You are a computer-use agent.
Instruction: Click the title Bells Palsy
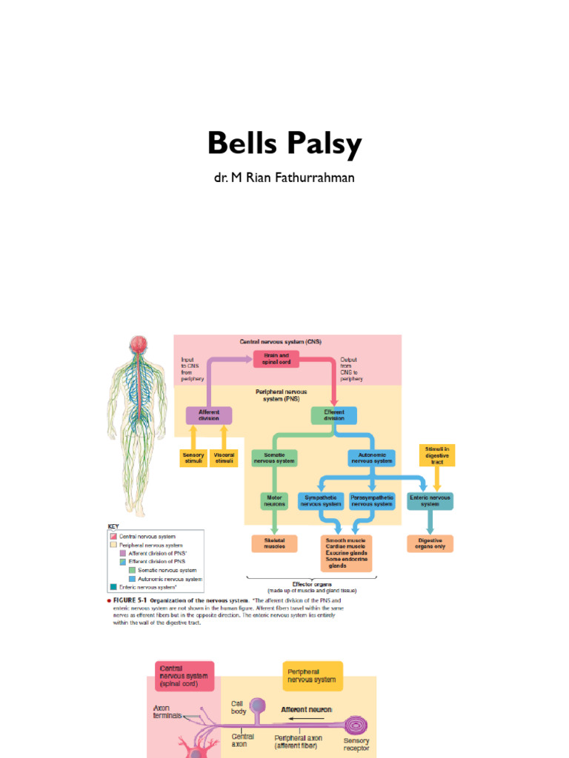284,144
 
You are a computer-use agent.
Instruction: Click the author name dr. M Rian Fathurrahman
284,178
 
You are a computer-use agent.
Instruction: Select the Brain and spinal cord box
276,359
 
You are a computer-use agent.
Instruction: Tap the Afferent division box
208,415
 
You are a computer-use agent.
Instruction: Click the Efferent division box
333,415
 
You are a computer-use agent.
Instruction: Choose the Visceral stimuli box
224,457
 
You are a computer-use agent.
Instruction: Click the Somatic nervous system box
274,457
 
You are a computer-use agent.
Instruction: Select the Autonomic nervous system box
371,457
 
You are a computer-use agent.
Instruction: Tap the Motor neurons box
274,500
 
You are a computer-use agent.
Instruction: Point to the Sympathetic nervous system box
320,500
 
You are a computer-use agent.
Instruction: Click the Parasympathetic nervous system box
372,500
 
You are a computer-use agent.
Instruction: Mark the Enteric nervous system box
430,500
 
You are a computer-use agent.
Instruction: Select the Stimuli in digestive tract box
437,455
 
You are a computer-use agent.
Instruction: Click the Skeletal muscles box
274,543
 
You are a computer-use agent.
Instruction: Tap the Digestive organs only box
430,543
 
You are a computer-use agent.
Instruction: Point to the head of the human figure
138,344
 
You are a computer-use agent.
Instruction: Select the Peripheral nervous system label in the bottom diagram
312,675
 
